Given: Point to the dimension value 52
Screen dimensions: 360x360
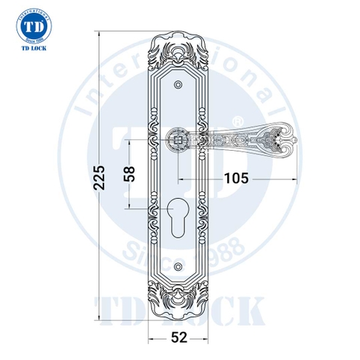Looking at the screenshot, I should (178, 338).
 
